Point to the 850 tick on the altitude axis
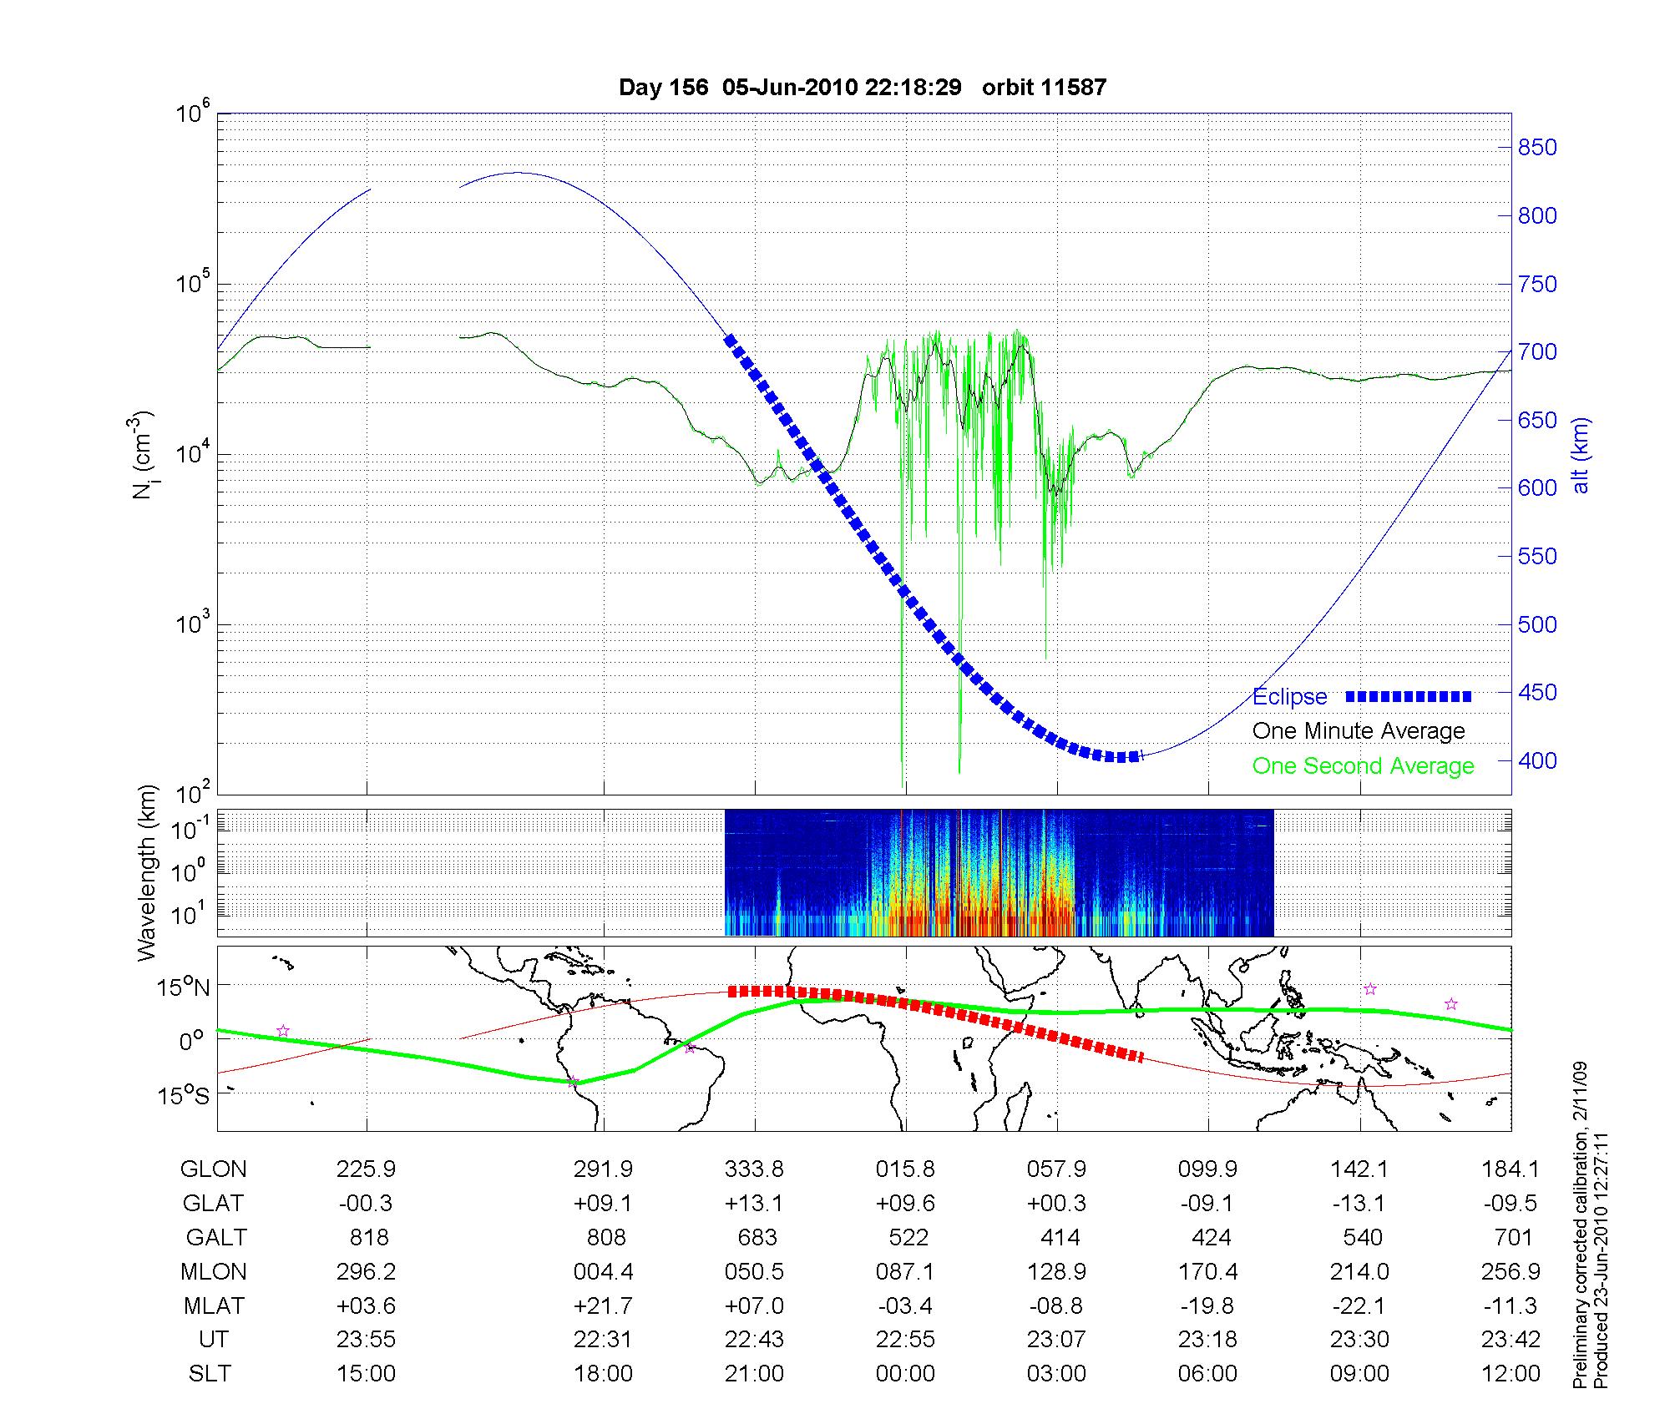pyautogui.click(x=1537, y=148)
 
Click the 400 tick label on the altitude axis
pyautogui.click(x=1537, y=760)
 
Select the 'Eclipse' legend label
pyautogui.click(x=1289, y=697)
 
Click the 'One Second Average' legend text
pyautogui.click(x=1363, y=766)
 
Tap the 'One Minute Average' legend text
pyautogui.click(x=1359, y=731)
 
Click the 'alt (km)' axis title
pyautogui.click(x=1581, y=455)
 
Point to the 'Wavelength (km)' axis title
pyautogui.click(x=147, y=872)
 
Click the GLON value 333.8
pyautogui.click(x=754, y=1169)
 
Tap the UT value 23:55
pyautogui.click(x=366, y=1340)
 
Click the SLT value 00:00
pyautogui.click(x=905, y=1373)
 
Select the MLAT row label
pyautogui.click(x=214, y=1305)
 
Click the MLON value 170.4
pyautogui.click(x=1207, y=1271)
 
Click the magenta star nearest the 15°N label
pyautogui.click(x=283, y=1031)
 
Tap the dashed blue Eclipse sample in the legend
pyautogui.click(x=1408, y=697)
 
